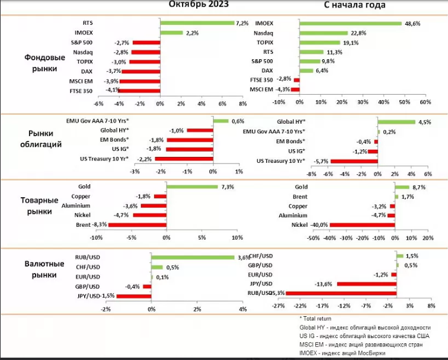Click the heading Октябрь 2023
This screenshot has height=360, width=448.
[x=199, y=5]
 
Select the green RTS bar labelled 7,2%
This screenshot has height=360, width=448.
[x=197, y=24]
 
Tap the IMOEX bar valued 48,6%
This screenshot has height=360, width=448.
[x=351, y=24]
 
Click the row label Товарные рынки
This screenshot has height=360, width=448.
[x=44, y=205]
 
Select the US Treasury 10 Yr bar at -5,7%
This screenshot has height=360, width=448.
[x=354, y=160]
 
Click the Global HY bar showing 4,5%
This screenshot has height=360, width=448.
[x=396, y=122]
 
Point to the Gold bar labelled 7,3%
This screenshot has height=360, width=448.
[x=192, y=187]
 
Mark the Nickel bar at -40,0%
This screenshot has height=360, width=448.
[x=362, y=225]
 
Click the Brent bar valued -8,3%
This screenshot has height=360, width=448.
[x=137, y=225]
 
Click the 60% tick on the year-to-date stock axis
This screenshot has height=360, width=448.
[x=424, y=102]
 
